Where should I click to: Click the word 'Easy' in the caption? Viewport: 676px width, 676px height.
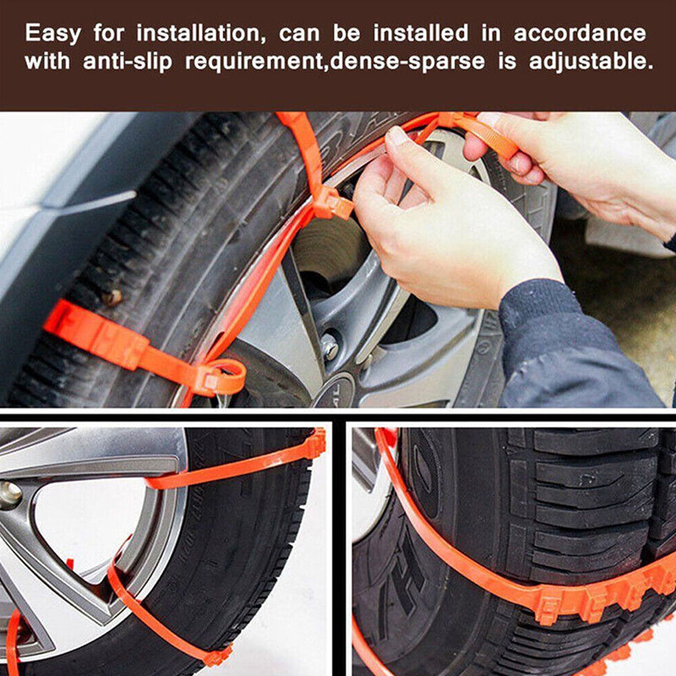click(x=52, y=35)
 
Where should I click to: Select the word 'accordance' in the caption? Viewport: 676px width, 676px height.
click(x=581, y=35)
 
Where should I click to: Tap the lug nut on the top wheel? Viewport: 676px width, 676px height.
click(x=330, y=346)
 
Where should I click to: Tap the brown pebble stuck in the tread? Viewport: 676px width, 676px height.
click(x=111, y=297)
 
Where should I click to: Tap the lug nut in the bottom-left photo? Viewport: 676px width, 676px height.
click(x=9, y=495)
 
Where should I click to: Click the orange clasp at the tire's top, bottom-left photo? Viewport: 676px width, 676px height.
click(x=314, y=443)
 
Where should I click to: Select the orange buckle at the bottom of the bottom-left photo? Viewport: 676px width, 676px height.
click(x=217, y=653)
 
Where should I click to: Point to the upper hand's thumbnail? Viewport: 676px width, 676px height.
click(x=396, y=136)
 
